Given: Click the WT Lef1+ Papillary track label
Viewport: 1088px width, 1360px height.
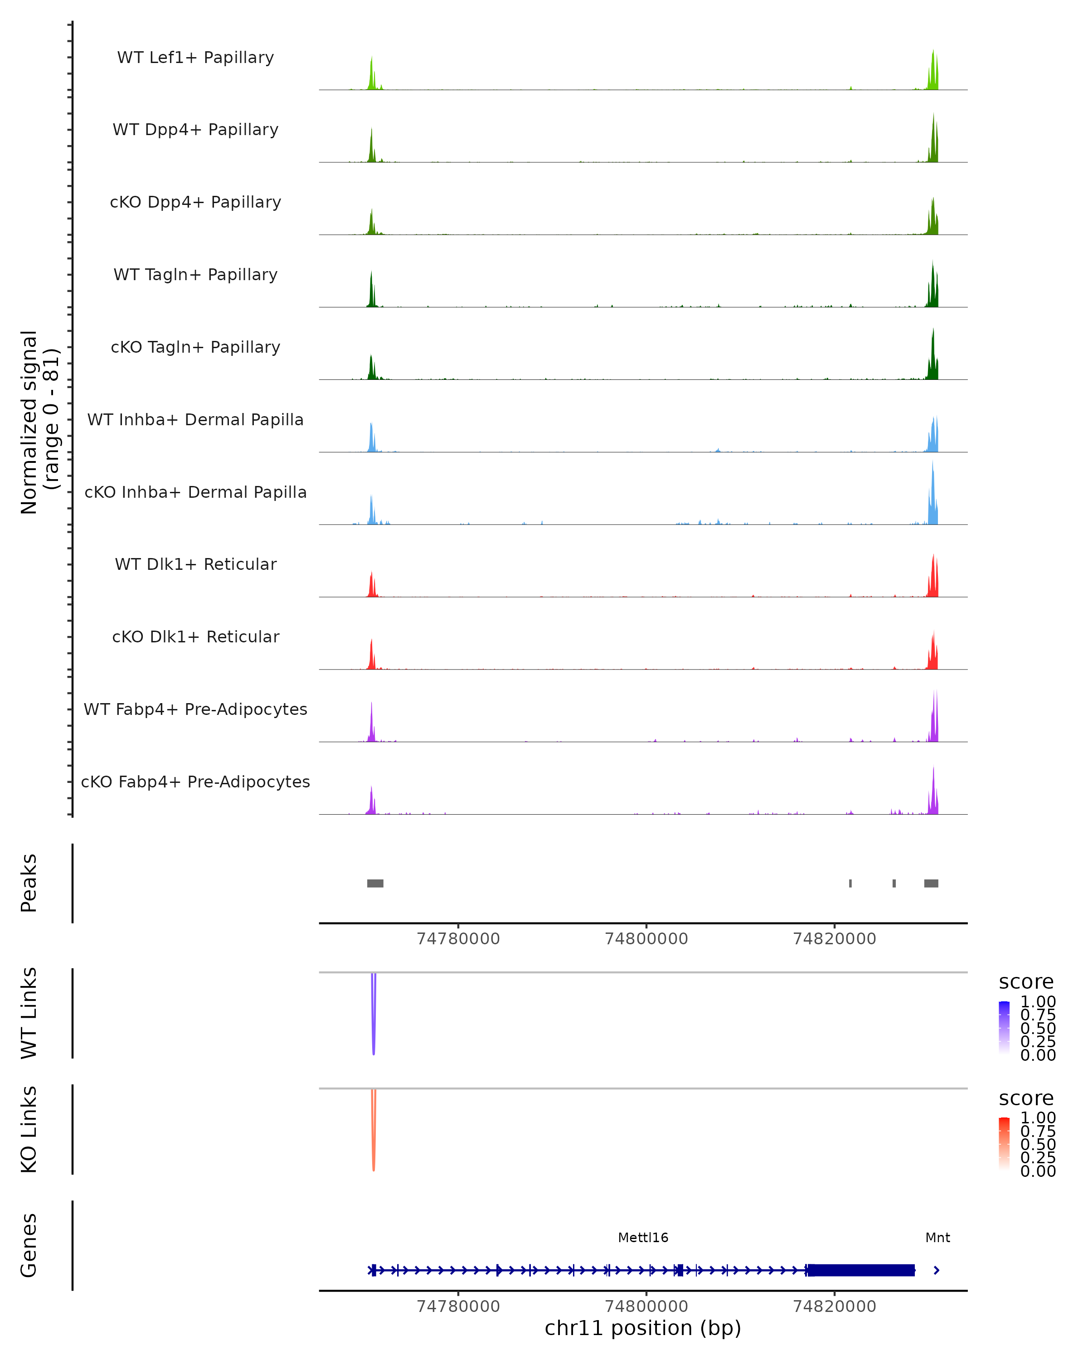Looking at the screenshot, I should pyautogui.click(x=195, y=58).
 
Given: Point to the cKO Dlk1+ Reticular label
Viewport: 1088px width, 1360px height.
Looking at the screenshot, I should pyautogui.click(x=195, y=636).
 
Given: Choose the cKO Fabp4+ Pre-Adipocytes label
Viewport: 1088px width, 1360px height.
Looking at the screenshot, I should pyautogui.click(x=195, y=782).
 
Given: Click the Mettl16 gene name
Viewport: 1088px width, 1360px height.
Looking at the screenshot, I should pyautogui.click(x=643, y=1238).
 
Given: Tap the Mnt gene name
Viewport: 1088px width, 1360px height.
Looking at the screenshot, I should pyautogui.click(x=937, y=1238).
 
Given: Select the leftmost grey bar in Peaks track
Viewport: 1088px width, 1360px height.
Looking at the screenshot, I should pyautogui.click(x=375, y=883).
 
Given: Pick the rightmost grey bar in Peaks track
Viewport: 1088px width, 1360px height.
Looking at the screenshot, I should pyautogui.click(x=931, y=883).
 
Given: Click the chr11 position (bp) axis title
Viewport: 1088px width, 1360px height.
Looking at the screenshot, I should pyautogui.click(x=643, y=1328).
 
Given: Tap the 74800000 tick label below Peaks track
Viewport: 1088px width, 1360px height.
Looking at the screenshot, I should pyautogui.click(x=646, y=939).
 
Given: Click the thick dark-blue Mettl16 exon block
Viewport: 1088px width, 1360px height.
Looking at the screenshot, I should pyautogui.click(x=861, y=1270).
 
